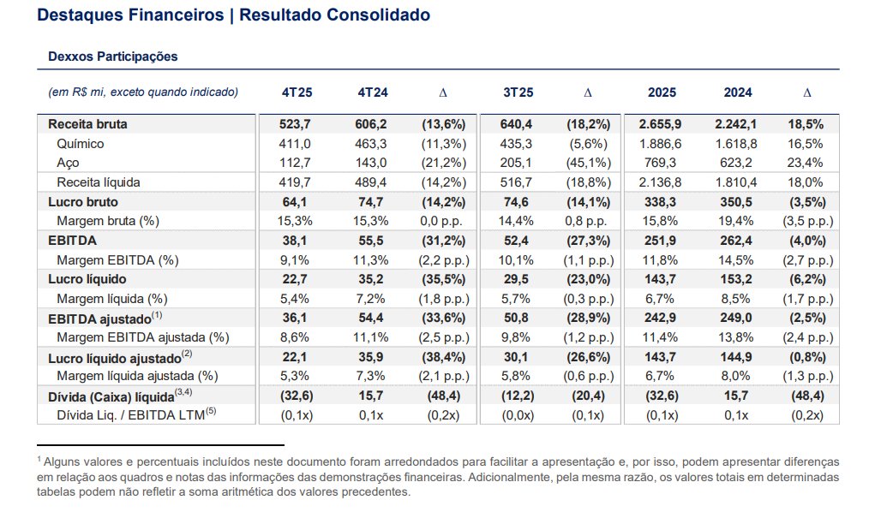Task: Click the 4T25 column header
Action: (297, 92)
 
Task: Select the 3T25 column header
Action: (518, 92)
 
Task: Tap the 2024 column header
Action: (738, 92)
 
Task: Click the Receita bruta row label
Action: (87, 124)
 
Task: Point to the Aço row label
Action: (68, 163)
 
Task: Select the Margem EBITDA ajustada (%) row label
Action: (143, 337)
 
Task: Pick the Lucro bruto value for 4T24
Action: (371, 201)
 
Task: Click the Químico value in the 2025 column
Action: (660, 144)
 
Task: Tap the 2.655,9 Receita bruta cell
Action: (660, 124)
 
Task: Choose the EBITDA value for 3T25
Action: (516, 241)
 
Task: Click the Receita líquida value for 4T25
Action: (295, 182)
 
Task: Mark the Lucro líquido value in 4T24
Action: (371, 279)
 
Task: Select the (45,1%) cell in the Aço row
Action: (588, 163)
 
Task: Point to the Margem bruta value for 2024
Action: (736, 221)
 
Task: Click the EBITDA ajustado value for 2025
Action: (660, 318)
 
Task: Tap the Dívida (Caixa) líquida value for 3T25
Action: (518, 396)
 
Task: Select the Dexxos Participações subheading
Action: (113, 57)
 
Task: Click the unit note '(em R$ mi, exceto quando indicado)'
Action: (143, 92)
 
